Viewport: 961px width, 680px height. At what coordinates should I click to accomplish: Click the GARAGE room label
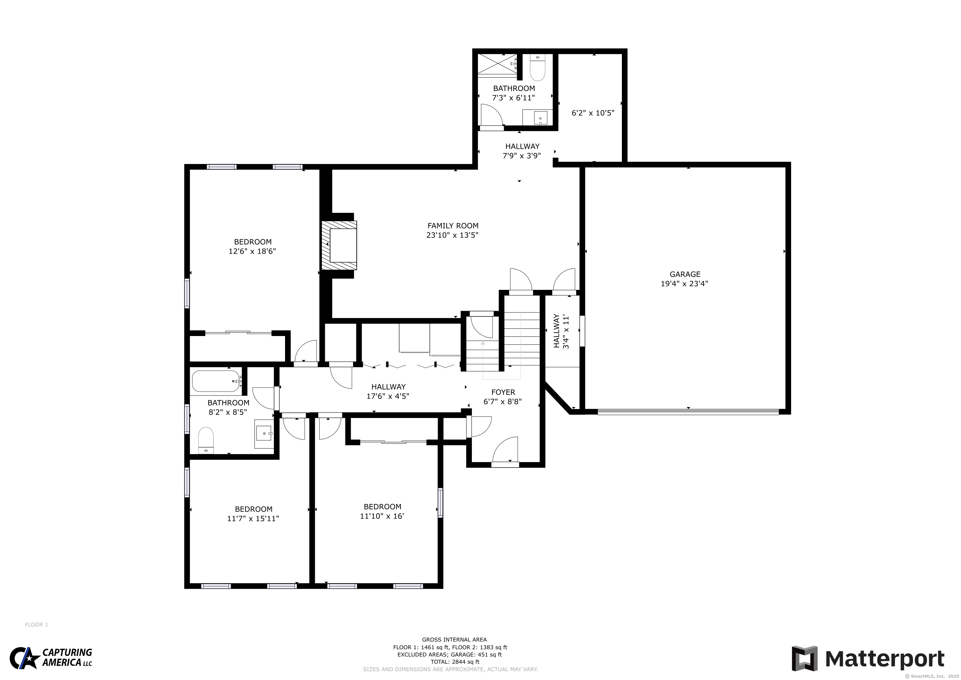click(x=685, y=274)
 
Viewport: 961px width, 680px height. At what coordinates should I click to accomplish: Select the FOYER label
click(x=503, y=392)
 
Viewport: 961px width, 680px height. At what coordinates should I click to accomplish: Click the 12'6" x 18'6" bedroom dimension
click(x=253, y=251)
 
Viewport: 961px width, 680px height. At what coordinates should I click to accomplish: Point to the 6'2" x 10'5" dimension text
click(x=593, y=113)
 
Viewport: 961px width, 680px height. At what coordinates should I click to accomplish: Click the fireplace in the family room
click(x=339, y=245)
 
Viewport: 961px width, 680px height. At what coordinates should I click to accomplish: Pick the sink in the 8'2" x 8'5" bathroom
click(x=264, y=434)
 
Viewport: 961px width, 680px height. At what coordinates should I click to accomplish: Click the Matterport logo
click(x=868, y=659)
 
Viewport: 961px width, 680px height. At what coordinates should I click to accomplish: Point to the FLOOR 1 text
click(x=37, y=625)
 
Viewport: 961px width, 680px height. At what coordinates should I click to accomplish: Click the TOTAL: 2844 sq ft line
click(x=455, y=662)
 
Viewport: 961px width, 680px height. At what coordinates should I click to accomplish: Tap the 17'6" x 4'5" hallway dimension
click(x=388, y=396)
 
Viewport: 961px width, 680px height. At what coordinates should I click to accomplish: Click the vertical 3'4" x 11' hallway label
click(x=561, y=331)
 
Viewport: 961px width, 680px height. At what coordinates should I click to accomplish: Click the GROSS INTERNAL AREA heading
click(x=454, y=639)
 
